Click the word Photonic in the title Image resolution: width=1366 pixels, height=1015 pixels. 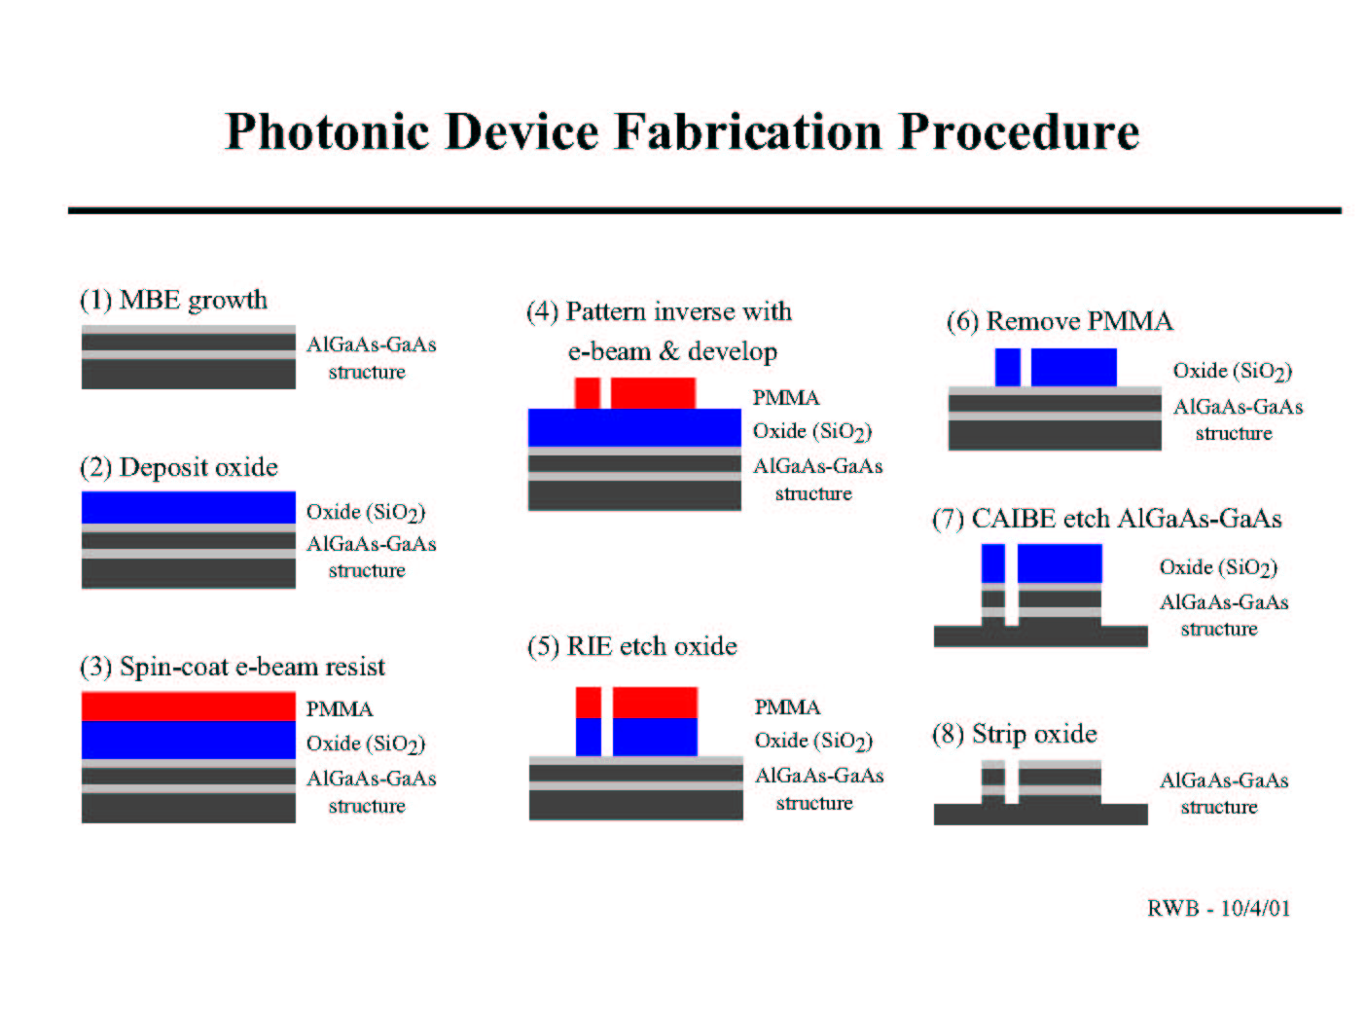326,132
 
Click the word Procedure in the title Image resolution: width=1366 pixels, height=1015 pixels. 1019,131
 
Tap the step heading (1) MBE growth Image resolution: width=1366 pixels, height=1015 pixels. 174,301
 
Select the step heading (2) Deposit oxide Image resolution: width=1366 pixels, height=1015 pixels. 179,467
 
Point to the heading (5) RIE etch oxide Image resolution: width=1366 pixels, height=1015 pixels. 631,646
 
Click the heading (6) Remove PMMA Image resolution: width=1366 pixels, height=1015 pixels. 1060,321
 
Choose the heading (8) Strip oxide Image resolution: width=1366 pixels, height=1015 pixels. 1015,734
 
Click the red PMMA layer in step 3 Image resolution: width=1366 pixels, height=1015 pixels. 189,707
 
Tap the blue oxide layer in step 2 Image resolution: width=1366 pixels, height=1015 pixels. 189,507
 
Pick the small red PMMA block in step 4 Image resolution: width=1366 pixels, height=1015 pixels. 588,393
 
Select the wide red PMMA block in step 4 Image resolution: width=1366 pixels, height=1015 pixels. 654,393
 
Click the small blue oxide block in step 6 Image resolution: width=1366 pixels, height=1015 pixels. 1008,367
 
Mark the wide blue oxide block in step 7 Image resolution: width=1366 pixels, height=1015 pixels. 1060,563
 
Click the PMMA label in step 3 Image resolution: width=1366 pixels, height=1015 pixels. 340,709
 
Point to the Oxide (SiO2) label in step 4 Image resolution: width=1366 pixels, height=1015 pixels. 812,431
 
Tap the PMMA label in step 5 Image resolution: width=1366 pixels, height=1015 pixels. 788,707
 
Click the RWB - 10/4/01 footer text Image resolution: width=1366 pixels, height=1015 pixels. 1219,908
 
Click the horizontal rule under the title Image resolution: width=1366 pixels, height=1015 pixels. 704,211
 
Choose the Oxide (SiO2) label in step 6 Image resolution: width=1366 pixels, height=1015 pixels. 1233,371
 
